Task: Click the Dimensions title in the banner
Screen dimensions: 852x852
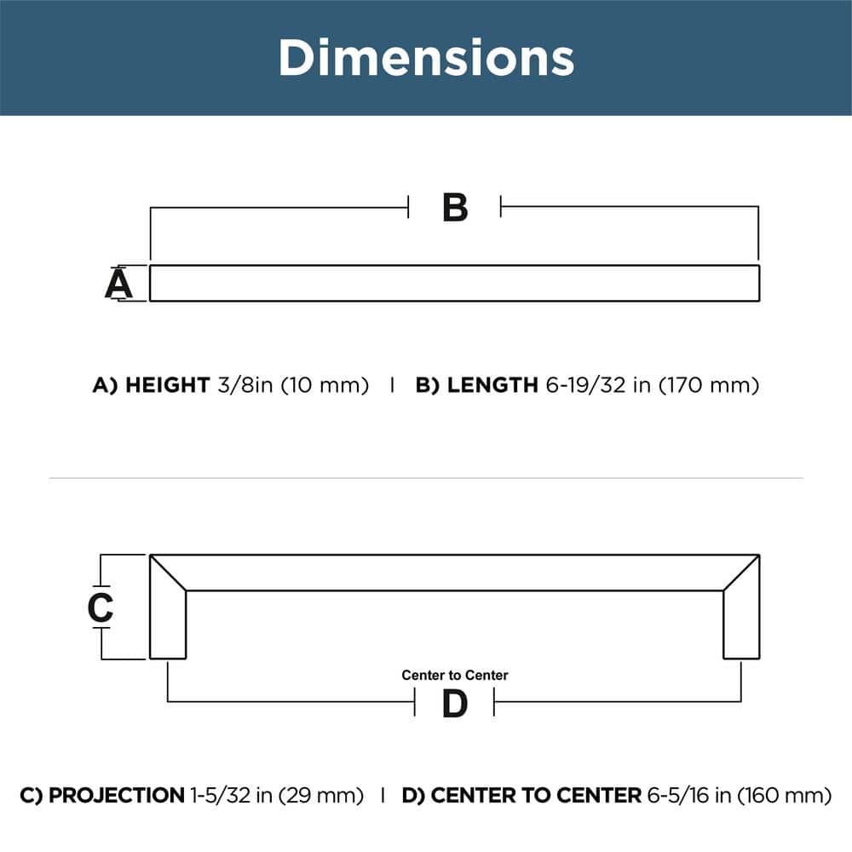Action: pos(426,58)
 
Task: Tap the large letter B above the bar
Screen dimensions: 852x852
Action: pos(455,208)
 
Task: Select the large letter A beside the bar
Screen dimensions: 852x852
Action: pos(118,284)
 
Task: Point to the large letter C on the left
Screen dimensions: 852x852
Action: pos(101,607)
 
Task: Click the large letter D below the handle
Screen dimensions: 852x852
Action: pos(455,704)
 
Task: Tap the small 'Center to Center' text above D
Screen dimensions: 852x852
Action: pos(455,675)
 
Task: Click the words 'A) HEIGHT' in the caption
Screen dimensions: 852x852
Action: pos(150,385)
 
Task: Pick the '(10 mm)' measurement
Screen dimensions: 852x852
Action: pos(325,385)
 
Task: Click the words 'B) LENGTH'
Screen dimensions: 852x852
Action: pos(475,385)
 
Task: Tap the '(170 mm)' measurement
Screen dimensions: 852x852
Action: pos(708,385)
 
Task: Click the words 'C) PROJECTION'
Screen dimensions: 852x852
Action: pos(101,796)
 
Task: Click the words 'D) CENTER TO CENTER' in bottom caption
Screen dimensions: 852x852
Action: pos(521,796)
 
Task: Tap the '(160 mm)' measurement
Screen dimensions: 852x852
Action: pos(785,796)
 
